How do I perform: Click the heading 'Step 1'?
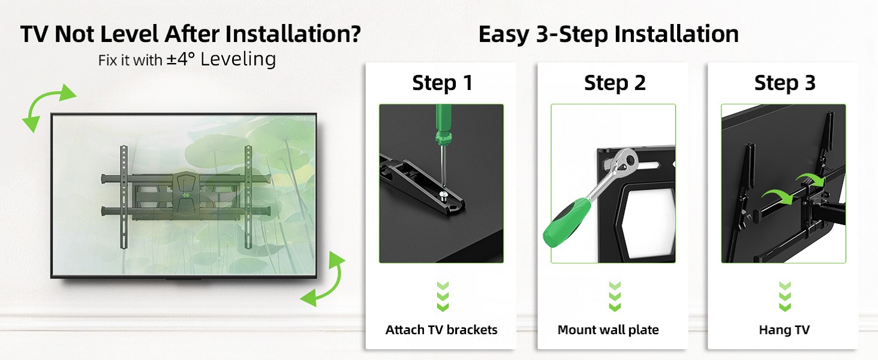pyautogui.click(x=442, y=83)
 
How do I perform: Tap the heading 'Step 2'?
pyautogui.click(x=614, y=83)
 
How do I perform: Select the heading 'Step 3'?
pyautogui.click(x=784, y=83)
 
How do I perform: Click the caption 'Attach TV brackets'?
pyautogui.click(x=441, y=330)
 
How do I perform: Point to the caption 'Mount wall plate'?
pyautogui.click(x=608, y=330)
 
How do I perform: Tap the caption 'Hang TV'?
pyautogui.click(x=784, y=330)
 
